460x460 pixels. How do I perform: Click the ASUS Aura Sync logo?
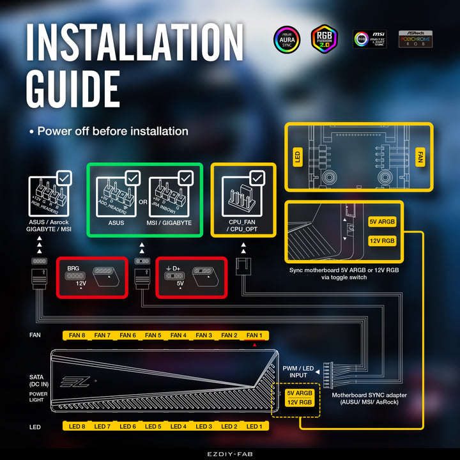287,39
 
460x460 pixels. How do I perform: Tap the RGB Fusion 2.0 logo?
325,39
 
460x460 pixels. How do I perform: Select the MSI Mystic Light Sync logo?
370,39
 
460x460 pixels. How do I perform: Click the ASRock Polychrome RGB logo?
416,39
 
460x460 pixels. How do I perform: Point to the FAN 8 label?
76,335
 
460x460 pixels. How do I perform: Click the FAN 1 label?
254,335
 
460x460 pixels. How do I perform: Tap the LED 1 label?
254,426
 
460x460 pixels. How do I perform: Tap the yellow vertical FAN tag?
420,157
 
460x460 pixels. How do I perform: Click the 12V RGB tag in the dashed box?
299,402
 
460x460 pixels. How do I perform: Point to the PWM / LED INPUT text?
298,372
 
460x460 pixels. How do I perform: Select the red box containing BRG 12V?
89,277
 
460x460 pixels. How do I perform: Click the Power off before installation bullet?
109,131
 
